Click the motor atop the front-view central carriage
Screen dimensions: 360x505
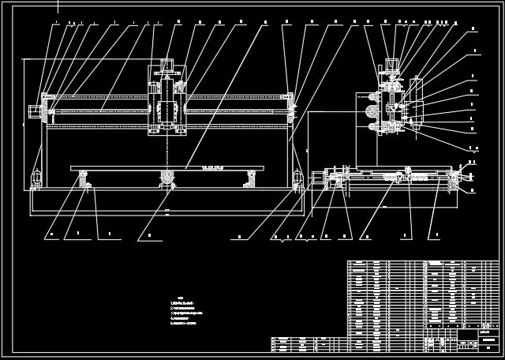pyautogui.click(x=167, y=65)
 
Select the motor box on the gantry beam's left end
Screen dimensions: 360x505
pyautogui.click(x=34, y=112)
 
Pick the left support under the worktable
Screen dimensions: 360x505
pyautogui.click(x=83, y=178)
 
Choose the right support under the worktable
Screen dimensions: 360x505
pyautogui.click(x=252, y=178)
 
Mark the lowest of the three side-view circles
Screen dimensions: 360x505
pyautogui.click(x=368, y=126)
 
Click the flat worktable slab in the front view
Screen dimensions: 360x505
pyautogui.click(x=166, y=167)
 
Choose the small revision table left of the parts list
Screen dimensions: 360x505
pyautogui.click(x=308, y=344)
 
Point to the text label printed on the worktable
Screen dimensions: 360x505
pyautogui.click(x=213, y=167)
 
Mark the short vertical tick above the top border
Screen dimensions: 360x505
pyautogui.click(x=58, y=6)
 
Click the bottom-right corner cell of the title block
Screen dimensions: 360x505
pyautogui.click(x=489, y=346)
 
